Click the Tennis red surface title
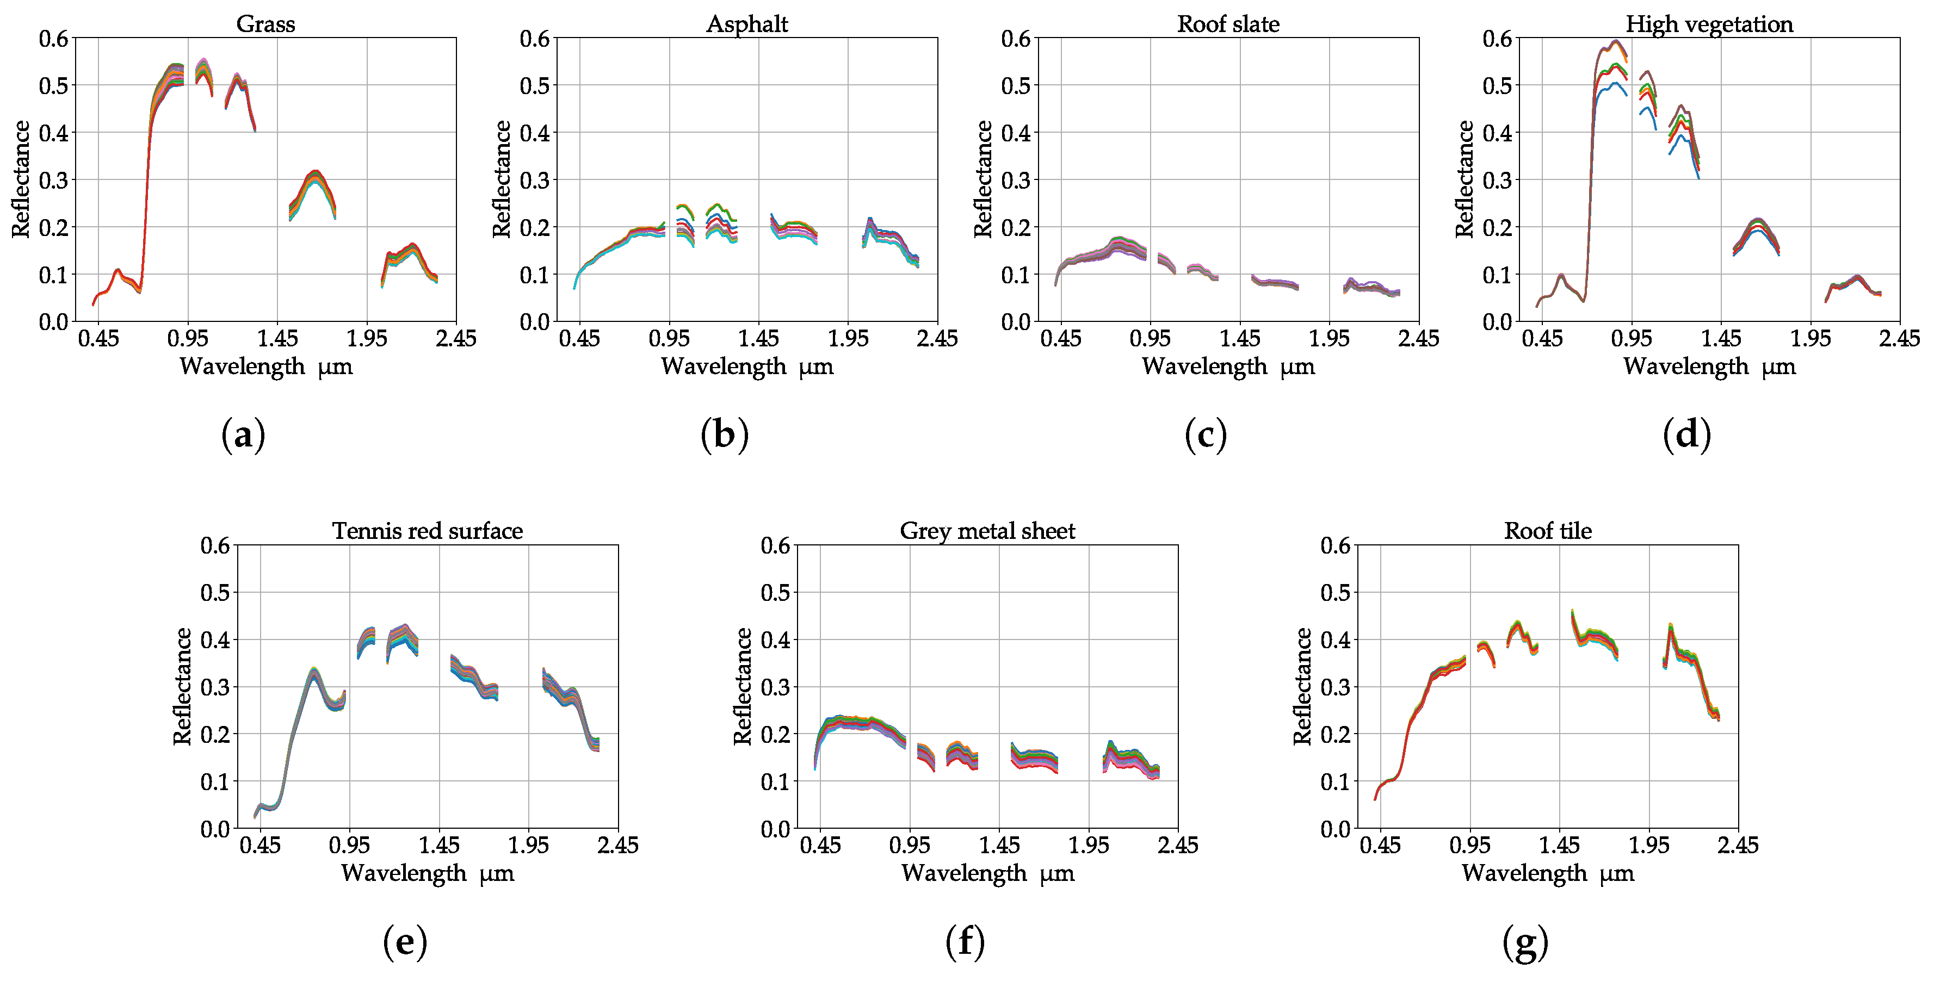[427, 531]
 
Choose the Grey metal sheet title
[987, 531]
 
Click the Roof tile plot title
[1547, 531]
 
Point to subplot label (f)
[965, 941]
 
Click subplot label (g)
[1525, 941]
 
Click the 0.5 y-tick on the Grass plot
[53, 85]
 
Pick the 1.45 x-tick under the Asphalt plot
[758, 338]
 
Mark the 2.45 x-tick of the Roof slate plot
[1418, 338]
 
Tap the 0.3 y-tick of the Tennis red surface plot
[215, 687]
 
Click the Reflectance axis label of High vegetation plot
[1464, 179]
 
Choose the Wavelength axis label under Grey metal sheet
[987, 873]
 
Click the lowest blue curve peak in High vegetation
[1614, 84]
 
